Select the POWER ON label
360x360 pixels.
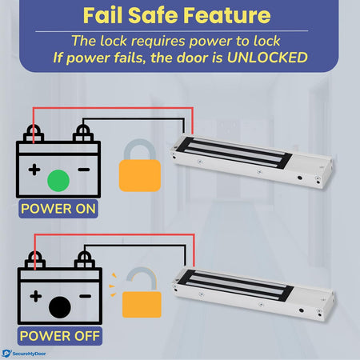tap(60, 210)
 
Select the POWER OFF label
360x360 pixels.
tap(60, 335)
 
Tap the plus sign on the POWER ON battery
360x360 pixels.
tap(34, 170)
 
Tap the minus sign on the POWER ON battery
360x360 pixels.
tap(82, 170)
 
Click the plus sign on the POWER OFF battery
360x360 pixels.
tap(34, 295)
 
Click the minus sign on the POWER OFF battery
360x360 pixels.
tap(82, 295)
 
